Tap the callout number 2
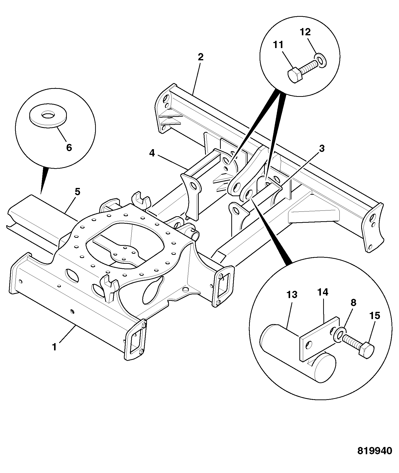(201, 57)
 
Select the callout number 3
(322, 148)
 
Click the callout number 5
(77, 192)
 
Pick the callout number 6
(69, 147)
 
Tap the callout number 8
(353, 303)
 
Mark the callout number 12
(305, 32)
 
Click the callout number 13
(292, 295)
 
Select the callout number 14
(323, 292)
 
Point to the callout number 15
(374, 316)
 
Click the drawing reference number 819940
(374, 457)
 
